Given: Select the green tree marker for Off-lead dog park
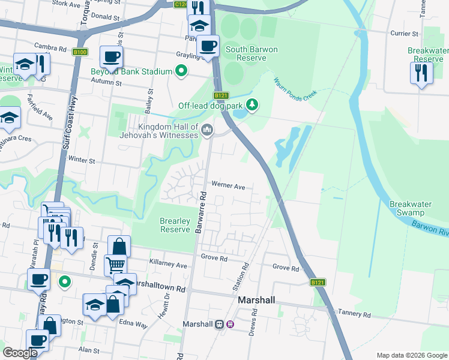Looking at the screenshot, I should pos(253,105).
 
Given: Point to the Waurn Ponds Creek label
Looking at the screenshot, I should pos(295,90).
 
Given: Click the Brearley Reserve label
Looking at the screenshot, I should pos(175,225).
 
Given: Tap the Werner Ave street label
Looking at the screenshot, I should pos(228,187).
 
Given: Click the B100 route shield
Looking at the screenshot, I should pos(80,52).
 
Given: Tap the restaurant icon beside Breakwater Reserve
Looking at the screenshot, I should pos(421,73).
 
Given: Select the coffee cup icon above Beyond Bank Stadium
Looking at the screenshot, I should pos(112,57).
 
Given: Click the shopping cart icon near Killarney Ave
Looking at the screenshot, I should pos(116,264).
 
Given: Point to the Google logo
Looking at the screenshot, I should pos(20,353).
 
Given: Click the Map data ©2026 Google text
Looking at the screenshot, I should pos(411,355).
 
